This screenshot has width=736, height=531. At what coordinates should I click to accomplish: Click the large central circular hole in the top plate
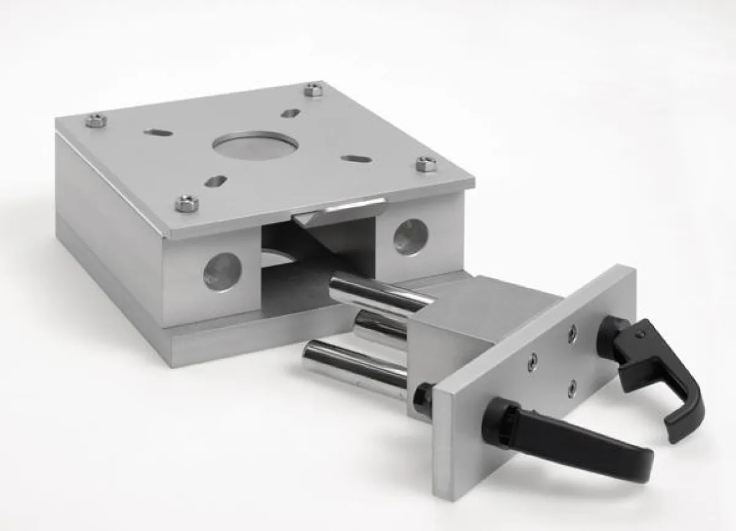tap(255, 144)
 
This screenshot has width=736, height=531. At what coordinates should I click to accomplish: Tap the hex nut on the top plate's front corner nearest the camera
tap(187, 203)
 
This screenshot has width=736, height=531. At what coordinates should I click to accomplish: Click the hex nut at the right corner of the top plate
tap(426, 164)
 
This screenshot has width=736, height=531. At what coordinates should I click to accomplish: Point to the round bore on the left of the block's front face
tap(223, 271)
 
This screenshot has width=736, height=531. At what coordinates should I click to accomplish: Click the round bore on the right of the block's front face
tap(410, 236)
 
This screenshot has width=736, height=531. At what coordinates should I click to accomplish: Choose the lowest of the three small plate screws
tap(572, 387)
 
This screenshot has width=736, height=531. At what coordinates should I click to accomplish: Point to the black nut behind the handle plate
tap(424, 398)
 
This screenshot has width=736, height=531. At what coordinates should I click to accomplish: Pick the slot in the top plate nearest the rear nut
tap(291, 114)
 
